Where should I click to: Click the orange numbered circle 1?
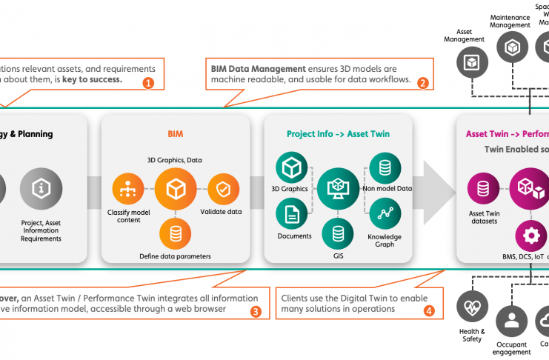pyautogui.click(x=147, y=82)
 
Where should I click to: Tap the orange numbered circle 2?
pyautogui.click(x=423, y=82)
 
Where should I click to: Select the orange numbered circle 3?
pyautogui.click(x=256, y=311)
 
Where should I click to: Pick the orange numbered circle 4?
pyautogui.click(x=428, y=311)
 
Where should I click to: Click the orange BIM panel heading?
pyautogui.click(x=175, y=134)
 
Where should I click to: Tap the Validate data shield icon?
pyautogui.click(x=223, y=190)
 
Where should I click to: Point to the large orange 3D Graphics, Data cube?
pyautogui.click(x=175, y=189)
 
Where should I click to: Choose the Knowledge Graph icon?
pyautogui.click(x=385, y=214)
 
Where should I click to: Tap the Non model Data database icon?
pyautogui.click(x=385, y=168)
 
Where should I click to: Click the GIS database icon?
pyautogui.click(x=339, y=234)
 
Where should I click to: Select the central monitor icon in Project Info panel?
pyautogui.click(x=339, y=189)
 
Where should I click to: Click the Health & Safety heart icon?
pyautogui.click(x=471, y=305)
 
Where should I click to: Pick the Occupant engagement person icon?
pyautogui.click(x=510, y=321)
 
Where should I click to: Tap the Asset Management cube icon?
pyautogui.click(x=470, y=64)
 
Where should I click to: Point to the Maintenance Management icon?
pyautogui.click(x=510, y=49)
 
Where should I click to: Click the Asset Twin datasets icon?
pyautogui.click(x=483, y=188)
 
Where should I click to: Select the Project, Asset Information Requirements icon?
pyautogui.click(x=41, y=189)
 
